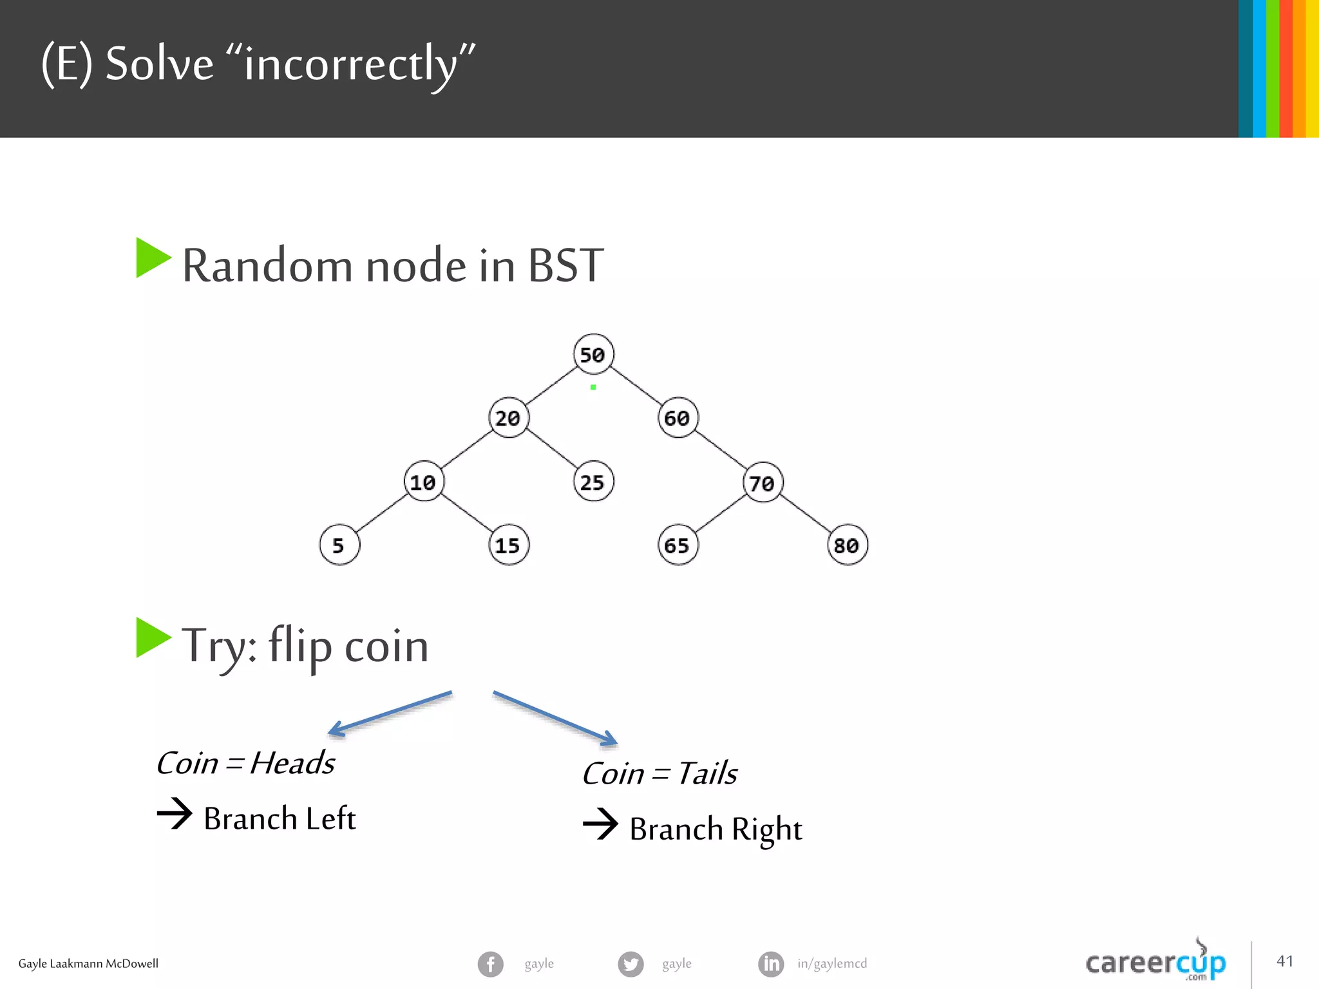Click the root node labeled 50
593,354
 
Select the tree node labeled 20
508,418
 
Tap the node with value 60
678,418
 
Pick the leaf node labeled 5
339,545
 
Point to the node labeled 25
593,482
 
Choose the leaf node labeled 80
847,545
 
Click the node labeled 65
678,545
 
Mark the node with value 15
508,545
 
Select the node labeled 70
763,482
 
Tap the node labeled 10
423,482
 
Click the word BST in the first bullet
565,265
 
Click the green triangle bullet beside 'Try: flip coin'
153,637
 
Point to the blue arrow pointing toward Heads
390,713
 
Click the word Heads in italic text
292,764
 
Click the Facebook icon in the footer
490,964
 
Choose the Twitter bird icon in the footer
631,964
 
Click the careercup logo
1155,962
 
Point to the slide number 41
1285,961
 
